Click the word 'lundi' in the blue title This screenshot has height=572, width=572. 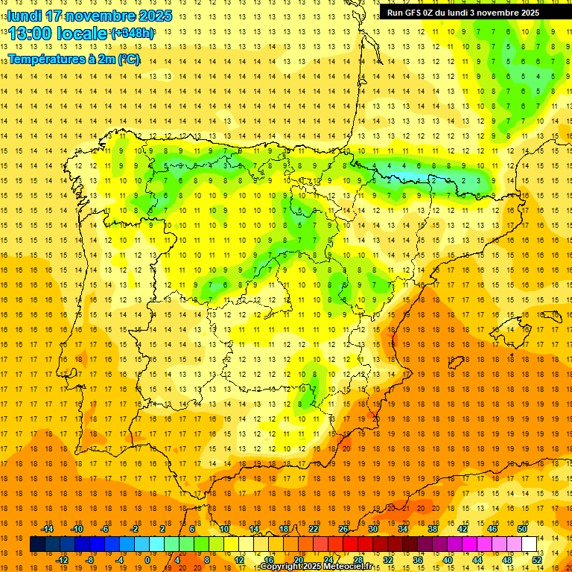coord(25,16)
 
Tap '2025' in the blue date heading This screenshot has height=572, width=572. coord(153,16)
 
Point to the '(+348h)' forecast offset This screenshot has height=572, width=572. coord(133,34)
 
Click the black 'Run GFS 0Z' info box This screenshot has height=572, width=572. coord(463,13)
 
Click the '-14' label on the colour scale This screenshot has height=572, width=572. coord(47,529)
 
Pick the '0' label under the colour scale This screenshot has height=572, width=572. coord(147,559)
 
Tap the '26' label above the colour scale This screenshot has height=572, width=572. coord(343,529)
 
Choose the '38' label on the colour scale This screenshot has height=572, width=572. coord(433,529)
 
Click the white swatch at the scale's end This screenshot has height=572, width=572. coord(530,544)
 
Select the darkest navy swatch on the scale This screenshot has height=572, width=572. coord(37,544)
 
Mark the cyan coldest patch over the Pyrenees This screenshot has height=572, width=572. coord(406,177)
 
